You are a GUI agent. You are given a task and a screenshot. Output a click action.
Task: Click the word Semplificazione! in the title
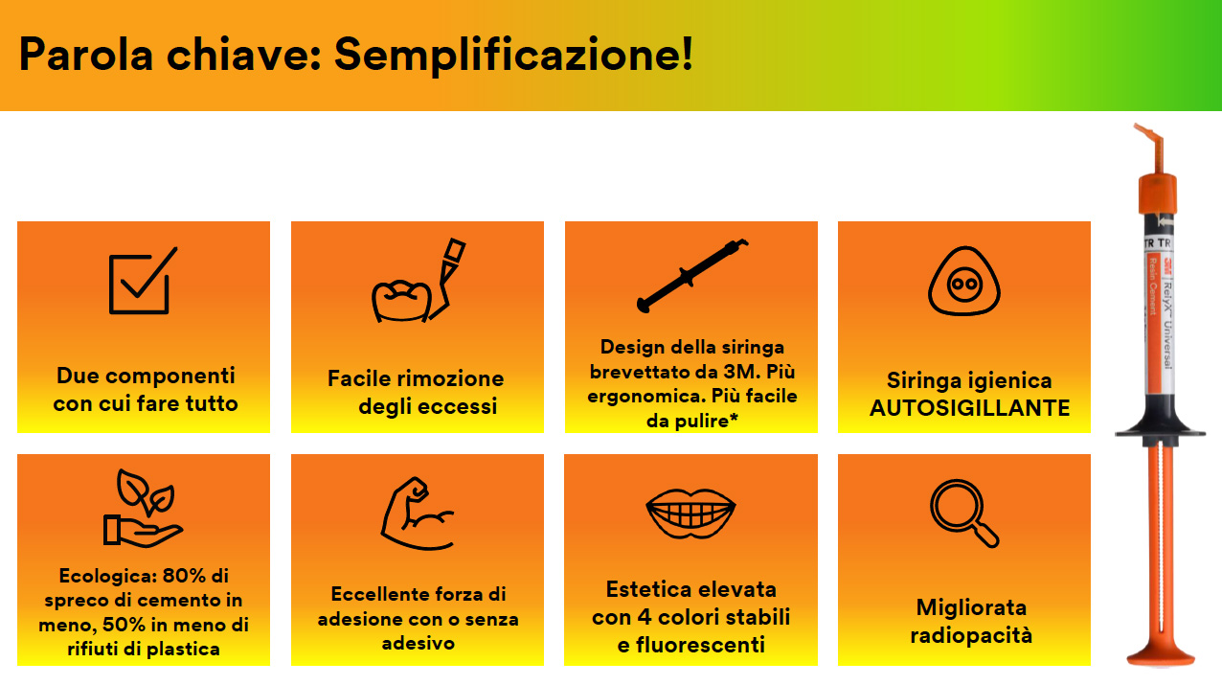(513, 56)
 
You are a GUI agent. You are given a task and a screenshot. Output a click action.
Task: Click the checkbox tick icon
(143, 281)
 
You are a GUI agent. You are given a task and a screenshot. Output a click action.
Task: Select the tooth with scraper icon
(419, 281)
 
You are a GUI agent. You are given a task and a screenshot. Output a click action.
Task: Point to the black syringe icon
(692, 276)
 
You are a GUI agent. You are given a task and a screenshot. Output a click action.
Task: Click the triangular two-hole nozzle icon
(964, 281)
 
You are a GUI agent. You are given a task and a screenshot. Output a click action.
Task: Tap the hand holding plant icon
(143, 508)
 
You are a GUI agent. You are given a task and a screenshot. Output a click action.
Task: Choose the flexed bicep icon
(418, 514)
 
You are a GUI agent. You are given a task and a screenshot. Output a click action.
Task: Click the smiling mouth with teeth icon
(690, 514)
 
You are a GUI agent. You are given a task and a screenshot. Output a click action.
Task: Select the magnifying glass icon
(964, 514)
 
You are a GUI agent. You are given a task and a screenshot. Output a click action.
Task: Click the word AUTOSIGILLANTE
(969, 408)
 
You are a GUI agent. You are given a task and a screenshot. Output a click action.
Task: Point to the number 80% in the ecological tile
(184, 575)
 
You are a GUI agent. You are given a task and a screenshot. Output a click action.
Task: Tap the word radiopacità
(971, 635)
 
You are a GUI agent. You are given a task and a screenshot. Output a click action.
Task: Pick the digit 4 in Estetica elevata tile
(645, 617)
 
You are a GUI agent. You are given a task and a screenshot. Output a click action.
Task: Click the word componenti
(170, 376)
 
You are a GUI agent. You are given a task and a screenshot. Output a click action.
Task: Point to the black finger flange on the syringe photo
(1160, 431)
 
